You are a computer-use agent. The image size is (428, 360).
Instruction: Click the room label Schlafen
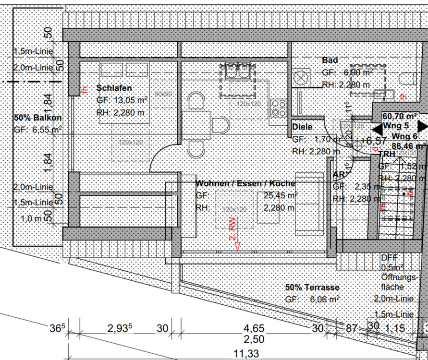114,88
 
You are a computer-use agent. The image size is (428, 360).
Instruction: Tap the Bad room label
330,60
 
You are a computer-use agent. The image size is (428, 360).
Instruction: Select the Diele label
302,127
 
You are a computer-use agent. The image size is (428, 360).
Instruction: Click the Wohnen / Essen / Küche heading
245,184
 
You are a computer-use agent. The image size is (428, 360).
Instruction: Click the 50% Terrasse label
312,288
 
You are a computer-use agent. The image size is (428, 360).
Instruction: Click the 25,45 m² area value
281,195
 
